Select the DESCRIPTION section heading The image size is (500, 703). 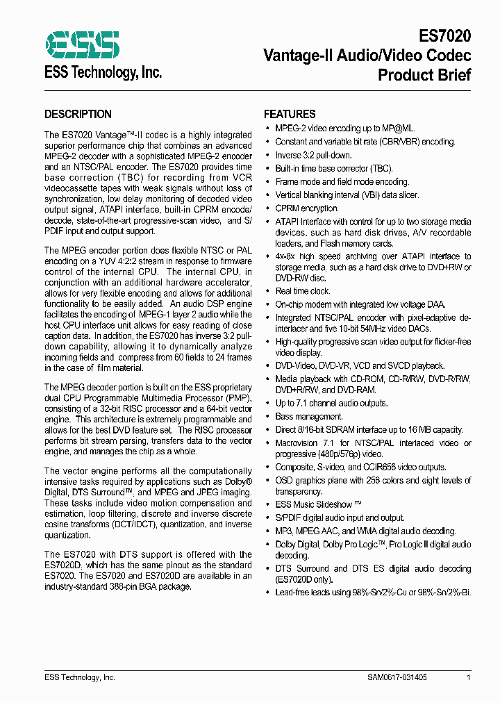click(x=78, y=115)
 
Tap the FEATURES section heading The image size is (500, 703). click(x=290, y=115)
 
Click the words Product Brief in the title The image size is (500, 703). click(x=424, y=74)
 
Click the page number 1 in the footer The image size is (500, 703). click(x=469, y=677)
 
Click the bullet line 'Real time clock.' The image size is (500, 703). click(x=293, y=291)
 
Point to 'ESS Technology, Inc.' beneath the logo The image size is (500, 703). click(x=103, y=72)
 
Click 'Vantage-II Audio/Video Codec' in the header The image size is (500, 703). click(x=367, y=55)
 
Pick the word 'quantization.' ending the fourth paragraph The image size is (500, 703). click(x=67, y=536)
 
